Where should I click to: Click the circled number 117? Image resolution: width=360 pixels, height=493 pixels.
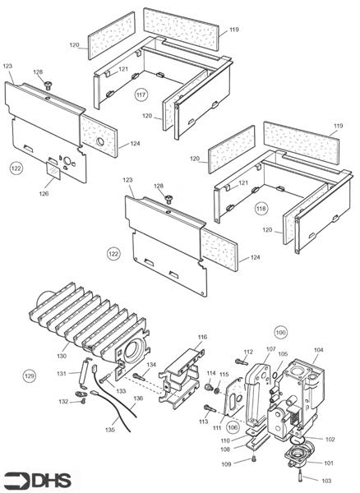click(x=142, y=95)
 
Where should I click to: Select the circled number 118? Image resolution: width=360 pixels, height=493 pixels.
click(x=262, y=207)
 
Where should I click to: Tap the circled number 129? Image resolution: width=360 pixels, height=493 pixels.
click(x=30, y=376)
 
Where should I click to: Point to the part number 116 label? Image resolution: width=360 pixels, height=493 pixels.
click(x=202, y=337)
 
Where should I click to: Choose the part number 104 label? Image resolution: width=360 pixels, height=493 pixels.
click(x=318, y=350)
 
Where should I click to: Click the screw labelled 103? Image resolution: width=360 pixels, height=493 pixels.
click(x=302, y=475)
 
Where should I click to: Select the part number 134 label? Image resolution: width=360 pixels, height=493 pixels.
click(x=150, y=364)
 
